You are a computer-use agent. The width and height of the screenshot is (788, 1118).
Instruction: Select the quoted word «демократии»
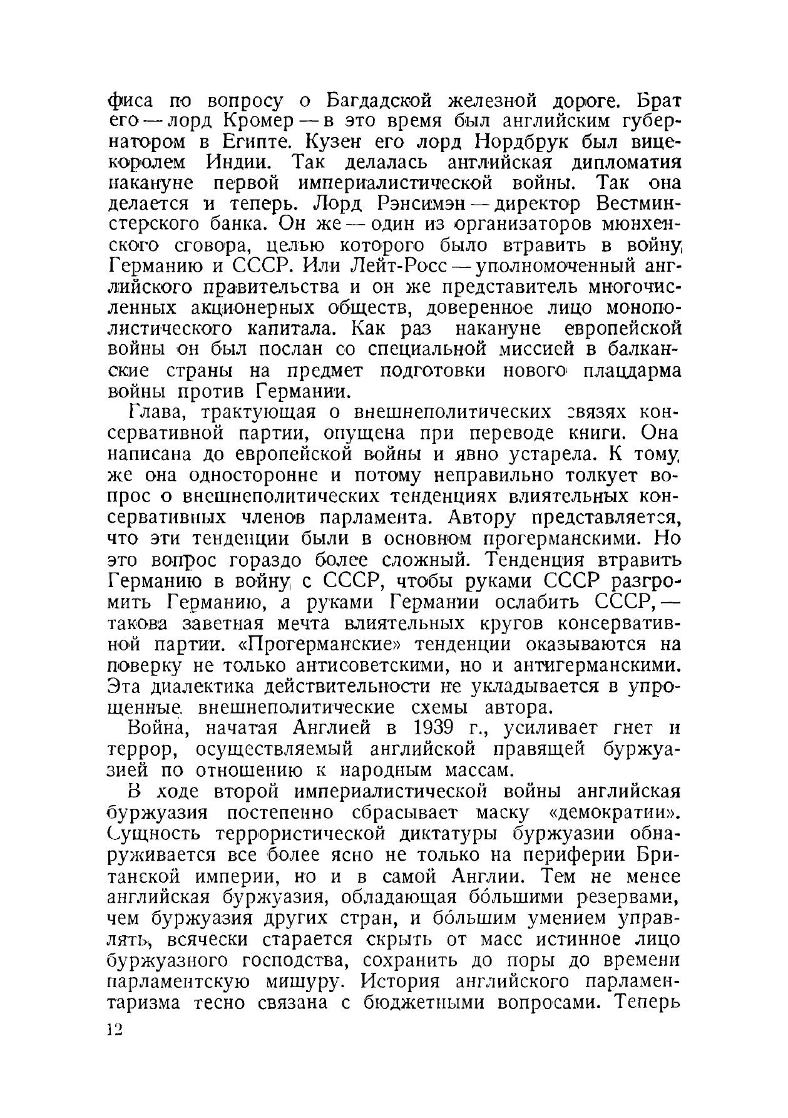click(x=617, y=813)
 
